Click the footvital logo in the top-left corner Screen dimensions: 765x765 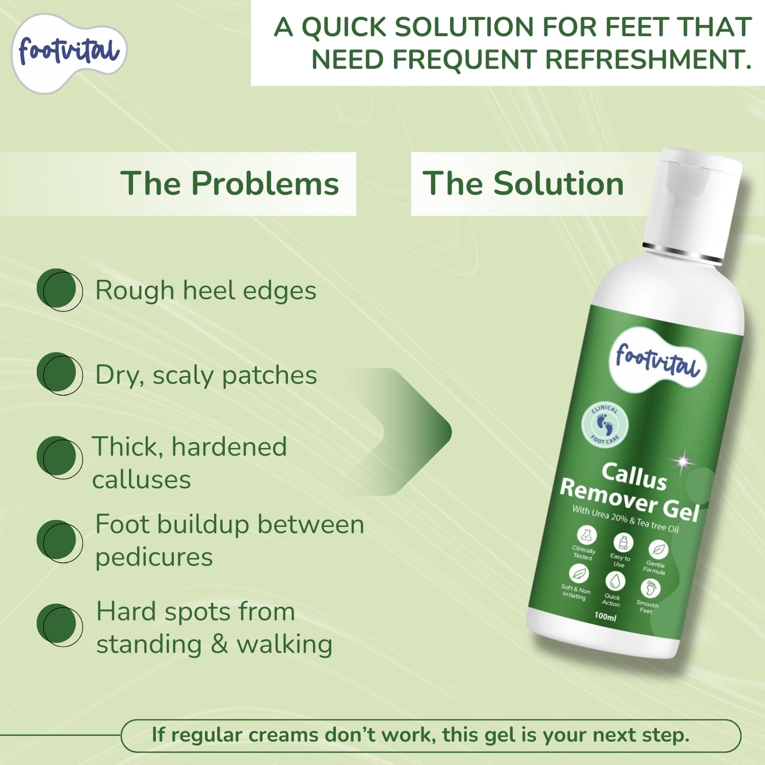pos(69,53)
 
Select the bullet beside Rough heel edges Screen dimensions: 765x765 pos(60,289)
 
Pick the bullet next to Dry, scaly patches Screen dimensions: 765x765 pos(60,374)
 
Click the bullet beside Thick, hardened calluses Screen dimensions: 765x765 pos(60,457)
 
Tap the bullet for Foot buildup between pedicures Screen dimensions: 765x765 pos(60,541)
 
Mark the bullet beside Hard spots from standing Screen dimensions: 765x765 pos(60,625)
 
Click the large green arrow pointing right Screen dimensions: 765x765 pos(403,432)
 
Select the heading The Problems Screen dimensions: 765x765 pos(229,183)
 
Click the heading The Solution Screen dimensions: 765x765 pos(523,183)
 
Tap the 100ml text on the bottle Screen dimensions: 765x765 pos(605,617)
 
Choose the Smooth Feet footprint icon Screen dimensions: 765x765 pos(650,589)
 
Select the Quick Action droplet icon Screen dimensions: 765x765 pos(615,581)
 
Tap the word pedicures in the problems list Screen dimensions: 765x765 pos(154,557)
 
